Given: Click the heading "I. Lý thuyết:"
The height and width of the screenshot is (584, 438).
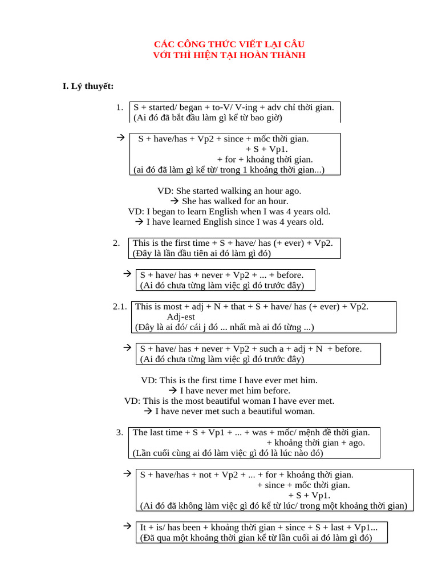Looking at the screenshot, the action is pos(88,87).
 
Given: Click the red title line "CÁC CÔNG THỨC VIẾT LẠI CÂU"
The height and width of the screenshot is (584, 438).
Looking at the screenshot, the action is pos(229,44).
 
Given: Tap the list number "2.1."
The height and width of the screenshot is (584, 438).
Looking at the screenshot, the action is pos(120,306).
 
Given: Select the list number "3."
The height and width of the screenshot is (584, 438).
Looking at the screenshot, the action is pos(120,432).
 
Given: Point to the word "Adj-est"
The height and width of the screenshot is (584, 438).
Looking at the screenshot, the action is pos(181,317).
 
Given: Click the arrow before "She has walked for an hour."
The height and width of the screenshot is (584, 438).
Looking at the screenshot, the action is pos(175,201).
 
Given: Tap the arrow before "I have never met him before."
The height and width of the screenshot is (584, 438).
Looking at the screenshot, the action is pos(173,390).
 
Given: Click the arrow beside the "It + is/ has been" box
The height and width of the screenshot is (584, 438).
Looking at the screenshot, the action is pos(127,526).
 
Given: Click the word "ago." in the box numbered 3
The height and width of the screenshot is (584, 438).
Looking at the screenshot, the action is pos(357,443).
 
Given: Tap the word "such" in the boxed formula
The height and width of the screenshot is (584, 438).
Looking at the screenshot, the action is pos(268,349).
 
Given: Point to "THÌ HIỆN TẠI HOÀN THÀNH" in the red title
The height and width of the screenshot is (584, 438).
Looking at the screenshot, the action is pos(240,55).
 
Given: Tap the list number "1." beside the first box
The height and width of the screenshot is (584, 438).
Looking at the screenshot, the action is pos(120,107).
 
